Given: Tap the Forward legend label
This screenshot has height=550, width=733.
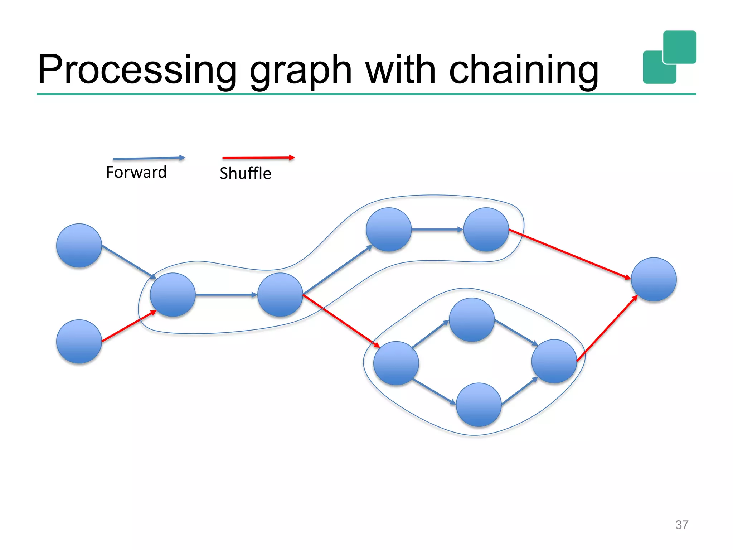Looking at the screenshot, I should [x=136, y=172].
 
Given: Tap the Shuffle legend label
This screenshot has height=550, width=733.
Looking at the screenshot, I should [x=246, y=173].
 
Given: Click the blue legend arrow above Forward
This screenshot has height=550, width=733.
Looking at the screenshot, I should [x=149, y=158].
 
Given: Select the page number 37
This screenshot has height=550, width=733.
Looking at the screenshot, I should [x=681, y=525].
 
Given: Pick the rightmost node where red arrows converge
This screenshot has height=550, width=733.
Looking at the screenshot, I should [x=654, y=279].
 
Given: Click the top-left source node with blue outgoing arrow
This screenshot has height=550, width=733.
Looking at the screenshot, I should [x=79, y=246].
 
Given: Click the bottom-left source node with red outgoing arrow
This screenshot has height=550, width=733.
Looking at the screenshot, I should [x=79, y=342].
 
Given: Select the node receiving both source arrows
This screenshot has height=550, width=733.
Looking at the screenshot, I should [x=173, y=295].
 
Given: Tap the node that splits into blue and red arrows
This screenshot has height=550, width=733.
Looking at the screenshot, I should [x=280, y=295].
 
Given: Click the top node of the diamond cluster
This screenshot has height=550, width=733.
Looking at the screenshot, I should [x=472, y=320].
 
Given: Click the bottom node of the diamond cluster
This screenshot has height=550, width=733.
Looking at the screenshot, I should [x=479, y=405].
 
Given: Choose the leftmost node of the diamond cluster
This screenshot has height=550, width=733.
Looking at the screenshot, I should [x=396, y=363].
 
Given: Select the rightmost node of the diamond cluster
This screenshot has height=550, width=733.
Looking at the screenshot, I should [x=554, y=361].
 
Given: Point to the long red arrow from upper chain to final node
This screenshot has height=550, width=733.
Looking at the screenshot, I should [x=569, y=254].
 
